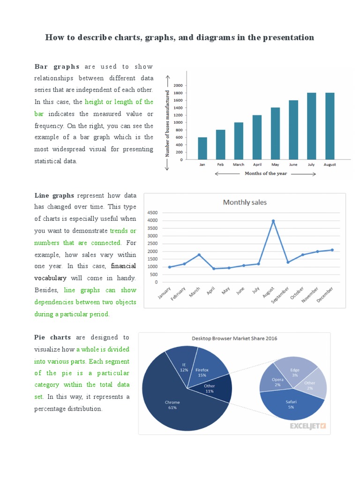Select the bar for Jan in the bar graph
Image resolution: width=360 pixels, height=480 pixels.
click(x=202, y=149)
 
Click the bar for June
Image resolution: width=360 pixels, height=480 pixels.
click(x=293, y=130)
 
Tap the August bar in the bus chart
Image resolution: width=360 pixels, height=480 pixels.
click(x=330, y=126)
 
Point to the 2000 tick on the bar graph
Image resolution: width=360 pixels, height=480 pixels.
click(x=178, y=86)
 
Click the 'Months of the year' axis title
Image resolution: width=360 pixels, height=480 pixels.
click(x=266, y=173)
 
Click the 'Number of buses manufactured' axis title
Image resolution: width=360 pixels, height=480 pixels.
click(x=167, y=123)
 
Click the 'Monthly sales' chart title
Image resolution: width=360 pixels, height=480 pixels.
click(x=245, y=202)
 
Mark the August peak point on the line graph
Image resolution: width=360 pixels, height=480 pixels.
click(x=273, y=221)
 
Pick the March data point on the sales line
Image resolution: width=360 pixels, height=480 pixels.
click(x=199, y=255)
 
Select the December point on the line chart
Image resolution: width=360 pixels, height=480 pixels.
click(x=332, y=250)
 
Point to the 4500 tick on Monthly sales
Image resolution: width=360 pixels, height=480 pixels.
click(x=152, y=213)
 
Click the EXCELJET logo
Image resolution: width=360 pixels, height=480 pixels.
click(x=307, y=426)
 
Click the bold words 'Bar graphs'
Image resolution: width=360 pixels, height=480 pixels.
click(x=57, y=67)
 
